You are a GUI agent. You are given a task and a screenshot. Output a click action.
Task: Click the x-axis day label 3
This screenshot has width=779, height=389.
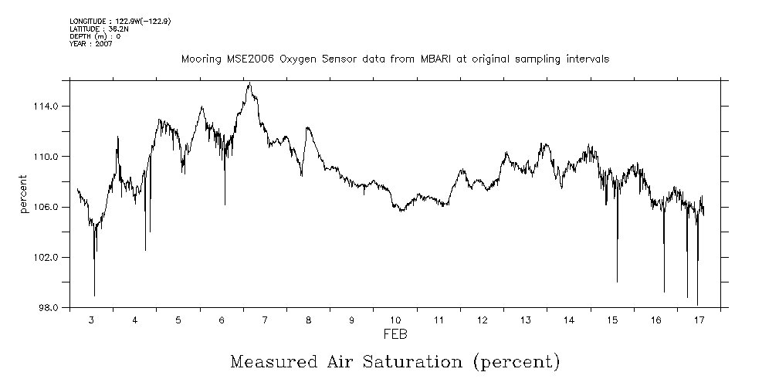tap(92, 320)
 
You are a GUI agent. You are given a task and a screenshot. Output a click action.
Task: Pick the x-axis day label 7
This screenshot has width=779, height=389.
tap(265, 320)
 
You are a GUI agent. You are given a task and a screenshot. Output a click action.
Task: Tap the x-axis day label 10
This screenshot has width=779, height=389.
tap(395, 320)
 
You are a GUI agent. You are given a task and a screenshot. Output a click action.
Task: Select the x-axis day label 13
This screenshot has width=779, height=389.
tap(525, 320)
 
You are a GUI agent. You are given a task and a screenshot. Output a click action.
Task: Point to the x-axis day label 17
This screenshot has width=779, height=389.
tap(699, 320)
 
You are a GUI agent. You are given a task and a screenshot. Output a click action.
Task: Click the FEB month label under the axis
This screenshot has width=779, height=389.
tap(395, 335)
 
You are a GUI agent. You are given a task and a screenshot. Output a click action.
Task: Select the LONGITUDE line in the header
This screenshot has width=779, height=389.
tap(120, 21)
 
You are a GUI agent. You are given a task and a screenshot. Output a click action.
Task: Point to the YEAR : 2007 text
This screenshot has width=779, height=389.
tap(91, 44)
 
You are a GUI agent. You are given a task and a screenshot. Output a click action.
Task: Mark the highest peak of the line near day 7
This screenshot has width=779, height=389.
tap(249, 83)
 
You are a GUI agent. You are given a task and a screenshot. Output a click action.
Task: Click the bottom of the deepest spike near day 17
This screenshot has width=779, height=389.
tap(697, 305)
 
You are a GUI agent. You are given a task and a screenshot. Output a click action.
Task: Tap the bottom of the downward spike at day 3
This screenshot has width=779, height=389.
tap(94, 296)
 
